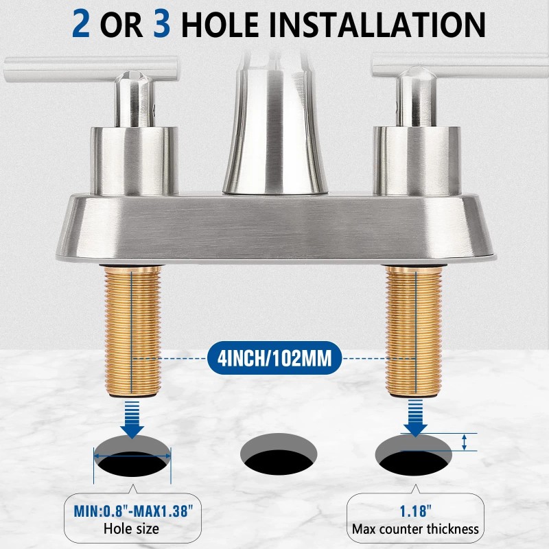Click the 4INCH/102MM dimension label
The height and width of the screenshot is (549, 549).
coord(274,358)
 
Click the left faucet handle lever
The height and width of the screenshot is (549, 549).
coord(89,67)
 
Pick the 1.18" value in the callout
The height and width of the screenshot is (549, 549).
coord(414,512)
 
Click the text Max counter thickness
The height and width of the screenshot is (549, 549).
coord(414,528)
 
